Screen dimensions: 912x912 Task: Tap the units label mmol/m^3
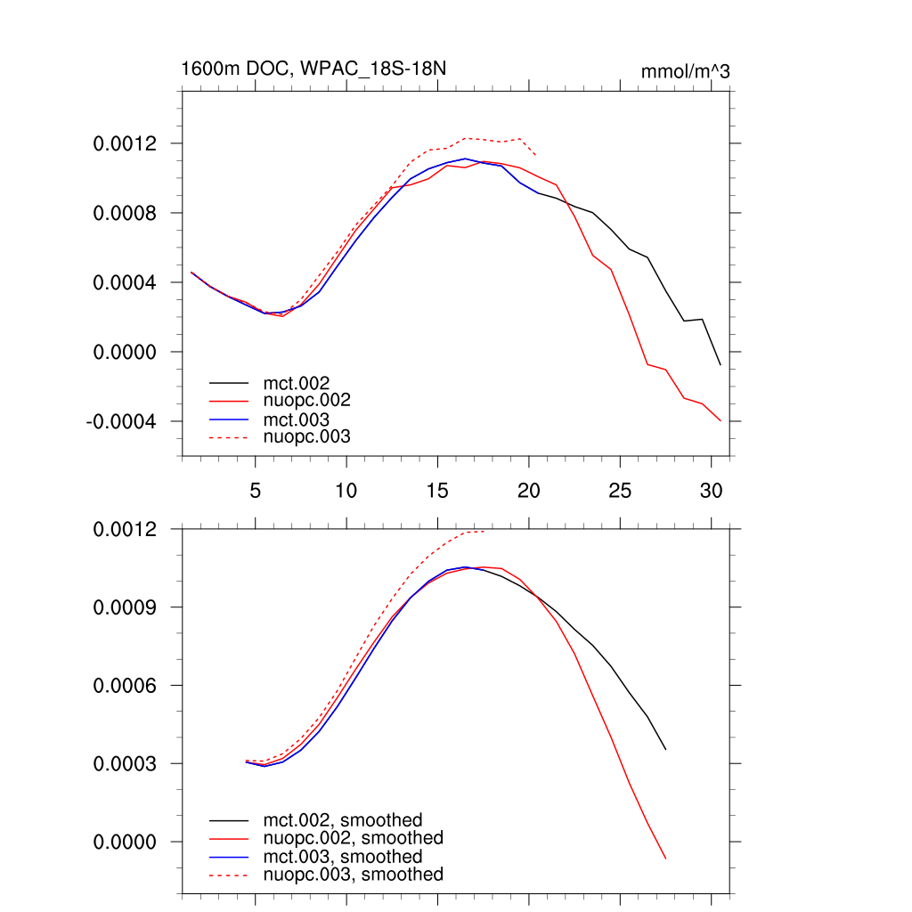click(685, 71)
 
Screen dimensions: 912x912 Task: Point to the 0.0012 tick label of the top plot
click(125, 144)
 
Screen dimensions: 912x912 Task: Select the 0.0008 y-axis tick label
click(125, 214)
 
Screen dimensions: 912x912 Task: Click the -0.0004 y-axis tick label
click(121, 421)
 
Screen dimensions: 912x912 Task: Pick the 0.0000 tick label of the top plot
click(125, 352)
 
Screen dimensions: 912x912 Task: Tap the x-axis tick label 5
click(255, 490)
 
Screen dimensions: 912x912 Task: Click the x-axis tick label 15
click(437, 490)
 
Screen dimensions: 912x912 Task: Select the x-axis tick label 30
click(711, 490)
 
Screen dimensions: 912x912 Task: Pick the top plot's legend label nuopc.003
click(307, 436)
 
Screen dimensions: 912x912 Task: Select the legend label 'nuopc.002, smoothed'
click(353, 838)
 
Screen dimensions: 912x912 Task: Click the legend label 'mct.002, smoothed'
click(342, 820)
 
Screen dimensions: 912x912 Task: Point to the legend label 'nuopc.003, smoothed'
click(353, 875)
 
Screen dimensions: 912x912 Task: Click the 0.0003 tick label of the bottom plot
click(125, 764)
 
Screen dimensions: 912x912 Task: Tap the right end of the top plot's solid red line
click(721, 420)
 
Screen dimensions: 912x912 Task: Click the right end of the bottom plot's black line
click(665, 749)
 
